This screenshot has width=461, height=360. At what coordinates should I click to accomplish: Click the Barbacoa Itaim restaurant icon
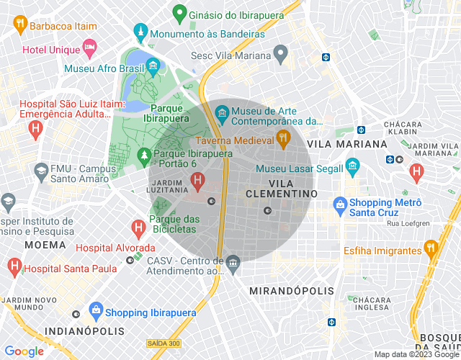click(19, 25)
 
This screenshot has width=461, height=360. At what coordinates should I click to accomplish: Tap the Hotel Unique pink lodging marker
click(89, 49)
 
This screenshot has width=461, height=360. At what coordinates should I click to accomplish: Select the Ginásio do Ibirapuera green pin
click(178, 14)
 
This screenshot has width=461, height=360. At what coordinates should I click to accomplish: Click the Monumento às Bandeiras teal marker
click(140, 32)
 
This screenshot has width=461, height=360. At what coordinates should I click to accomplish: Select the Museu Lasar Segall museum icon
click(352, 168)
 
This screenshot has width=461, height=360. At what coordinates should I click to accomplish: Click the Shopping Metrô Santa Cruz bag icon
click(339, 206)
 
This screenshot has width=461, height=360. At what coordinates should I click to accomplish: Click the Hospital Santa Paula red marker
click(14, 268)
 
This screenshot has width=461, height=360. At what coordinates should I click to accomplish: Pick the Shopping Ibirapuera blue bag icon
click(95, 312)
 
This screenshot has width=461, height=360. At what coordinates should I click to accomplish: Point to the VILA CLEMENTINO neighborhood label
click(281, 189)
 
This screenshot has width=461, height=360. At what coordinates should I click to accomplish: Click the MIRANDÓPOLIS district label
click(291, 291)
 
